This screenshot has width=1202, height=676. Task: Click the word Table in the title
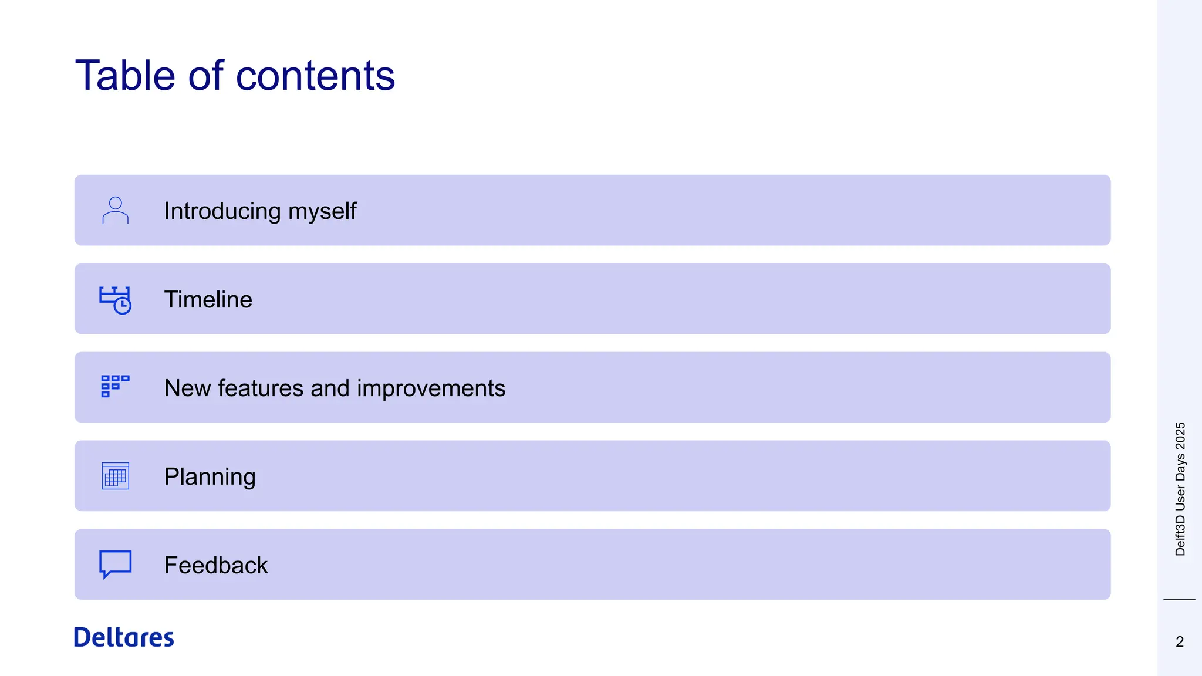(x=125, y=76)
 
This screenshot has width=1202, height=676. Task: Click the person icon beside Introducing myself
(x=115, y=210)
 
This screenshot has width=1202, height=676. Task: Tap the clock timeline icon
(x=115, y=300)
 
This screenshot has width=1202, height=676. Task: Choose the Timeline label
(x=208, y=299)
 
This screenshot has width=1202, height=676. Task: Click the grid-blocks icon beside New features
(x=114, y=387)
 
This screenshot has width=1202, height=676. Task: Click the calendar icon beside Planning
(x=115, y=476)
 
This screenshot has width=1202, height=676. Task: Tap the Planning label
(x=210, y=476)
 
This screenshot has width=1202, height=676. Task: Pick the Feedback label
(x=215, y=565)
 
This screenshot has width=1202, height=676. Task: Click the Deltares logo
(x=124, y=637)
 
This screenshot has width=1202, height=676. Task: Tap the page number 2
(x=1179, y=641)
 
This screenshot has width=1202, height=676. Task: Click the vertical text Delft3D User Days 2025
(x=1180, y=489)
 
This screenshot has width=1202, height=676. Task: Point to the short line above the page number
(x=1179, y=599)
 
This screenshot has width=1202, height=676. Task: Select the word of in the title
(x=205, y=76)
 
